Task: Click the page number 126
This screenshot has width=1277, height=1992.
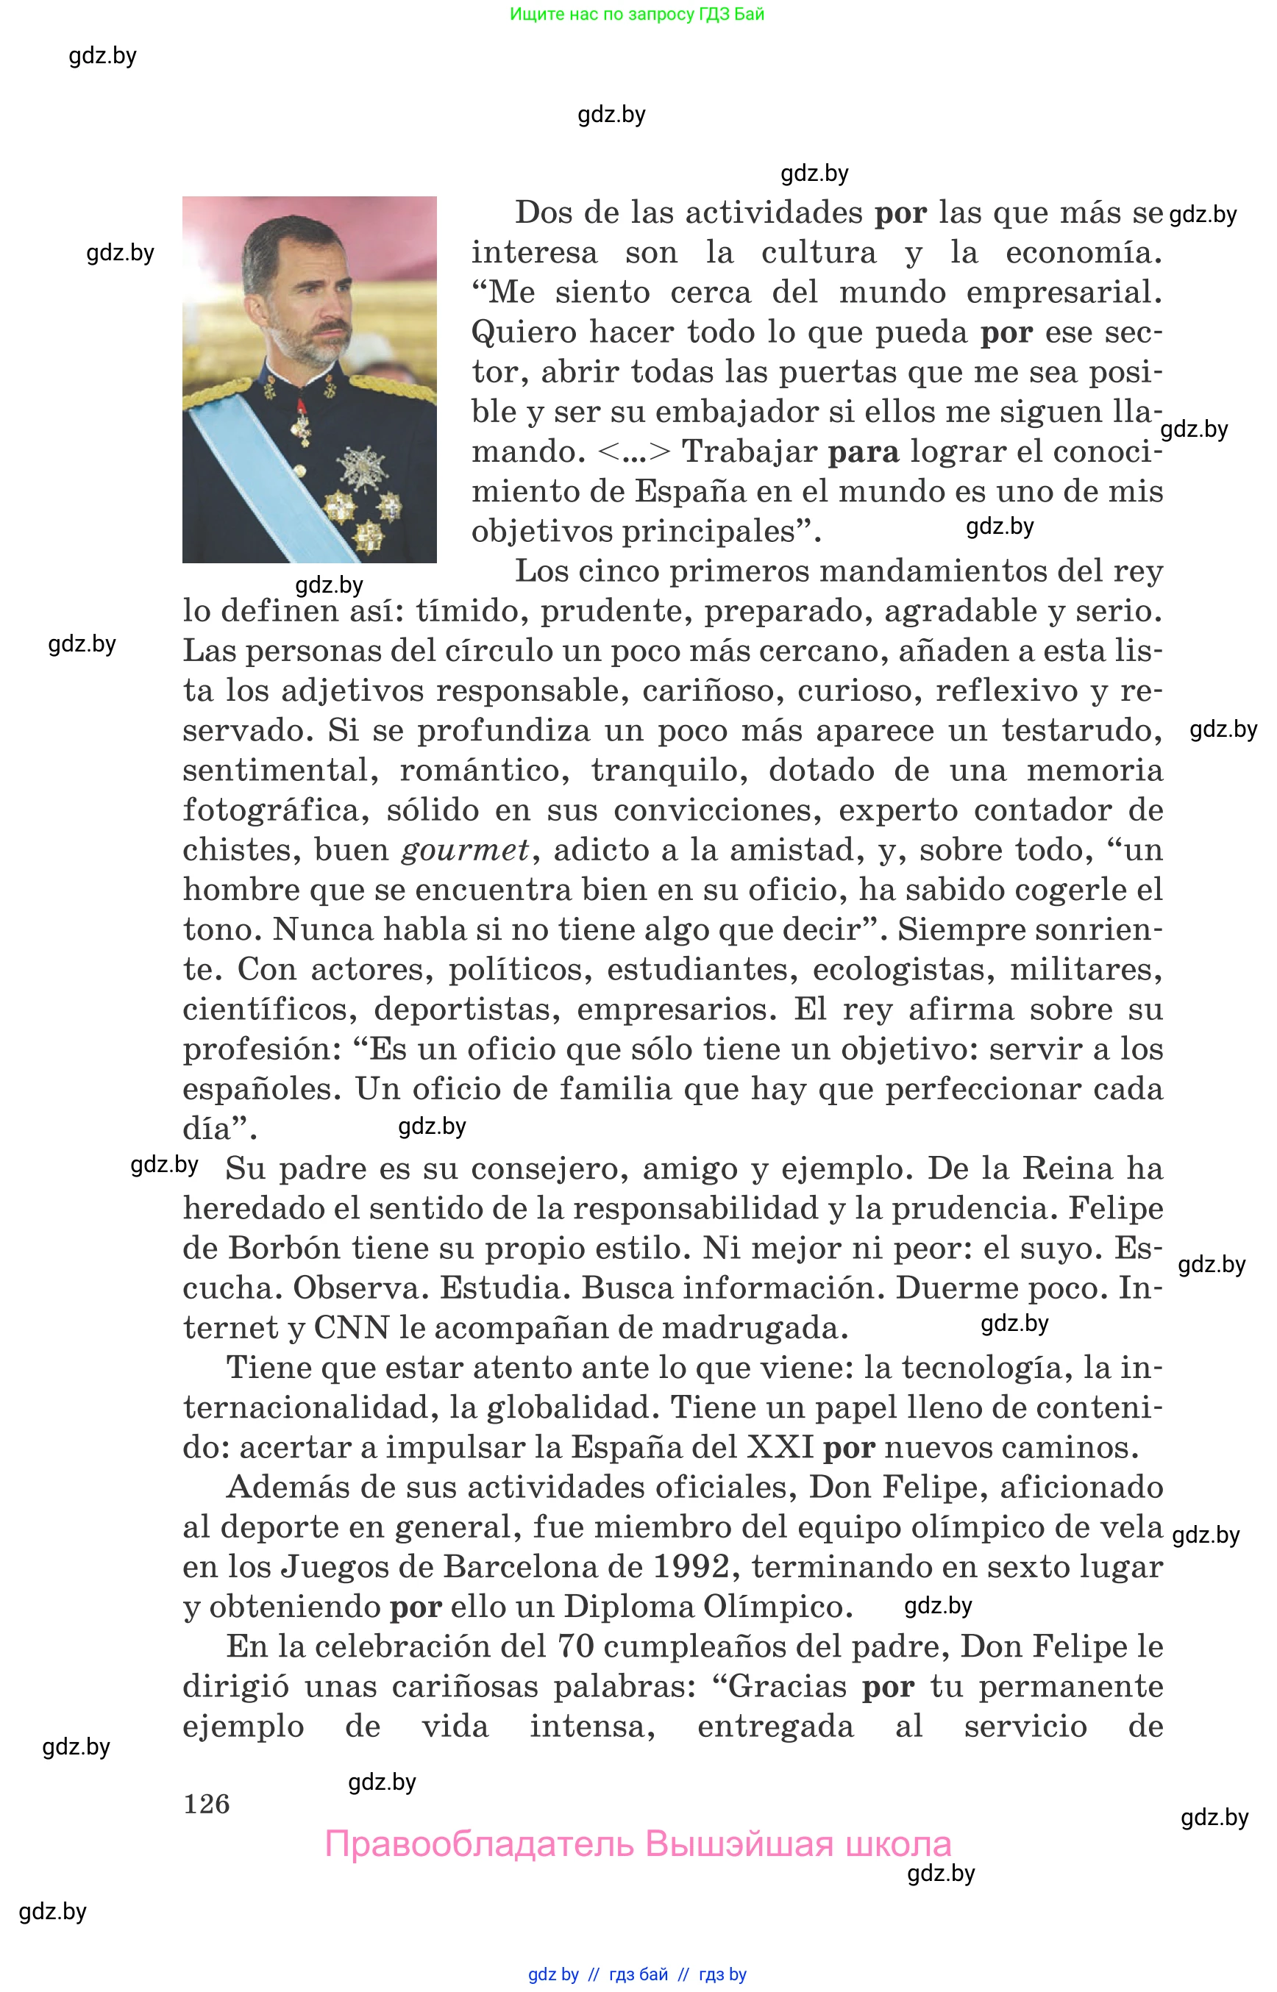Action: [207, 1804]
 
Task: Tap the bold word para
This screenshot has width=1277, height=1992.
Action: [863, 451]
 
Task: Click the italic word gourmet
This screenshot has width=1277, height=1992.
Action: [465, 850]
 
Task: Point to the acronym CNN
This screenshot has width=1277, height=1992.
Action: [351, 1328]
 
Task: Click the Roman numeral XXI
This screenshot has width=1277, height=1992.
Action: [780, 1447]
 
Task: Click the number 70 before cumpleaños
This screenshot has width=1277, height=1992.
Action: [575, 1646]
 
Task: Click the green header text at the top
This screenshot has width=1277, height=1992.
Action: [637, 14]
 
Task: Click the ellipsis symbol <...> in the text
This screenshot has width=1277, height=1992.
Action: [633, 451]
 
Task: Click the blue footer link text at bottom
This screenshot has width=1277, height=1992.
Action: [637, 1974]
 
